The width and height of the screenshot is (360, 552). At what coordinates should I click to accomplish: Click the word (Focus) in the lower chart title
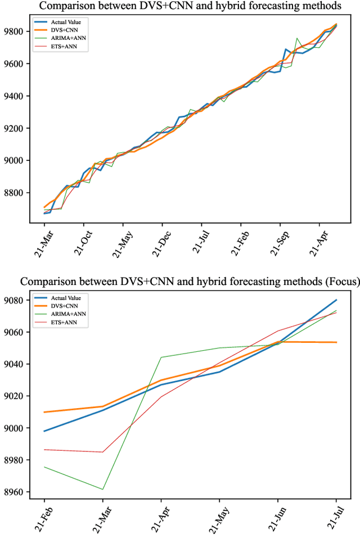coord(337,281)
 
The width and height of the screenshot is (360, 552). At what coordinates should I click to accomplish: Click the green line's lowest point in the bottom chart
coord(103,489)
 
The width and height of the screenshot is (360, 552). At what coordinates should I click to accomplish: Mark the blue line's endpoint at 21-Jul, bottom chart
coord(336,300)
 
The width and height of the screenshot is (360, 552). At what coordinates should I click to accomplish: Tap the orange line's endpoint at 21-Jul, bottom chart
coord(336,342)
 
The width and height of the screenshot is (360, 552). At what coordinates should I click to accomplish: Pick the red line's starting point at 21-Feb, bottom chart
coord(44,450)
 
